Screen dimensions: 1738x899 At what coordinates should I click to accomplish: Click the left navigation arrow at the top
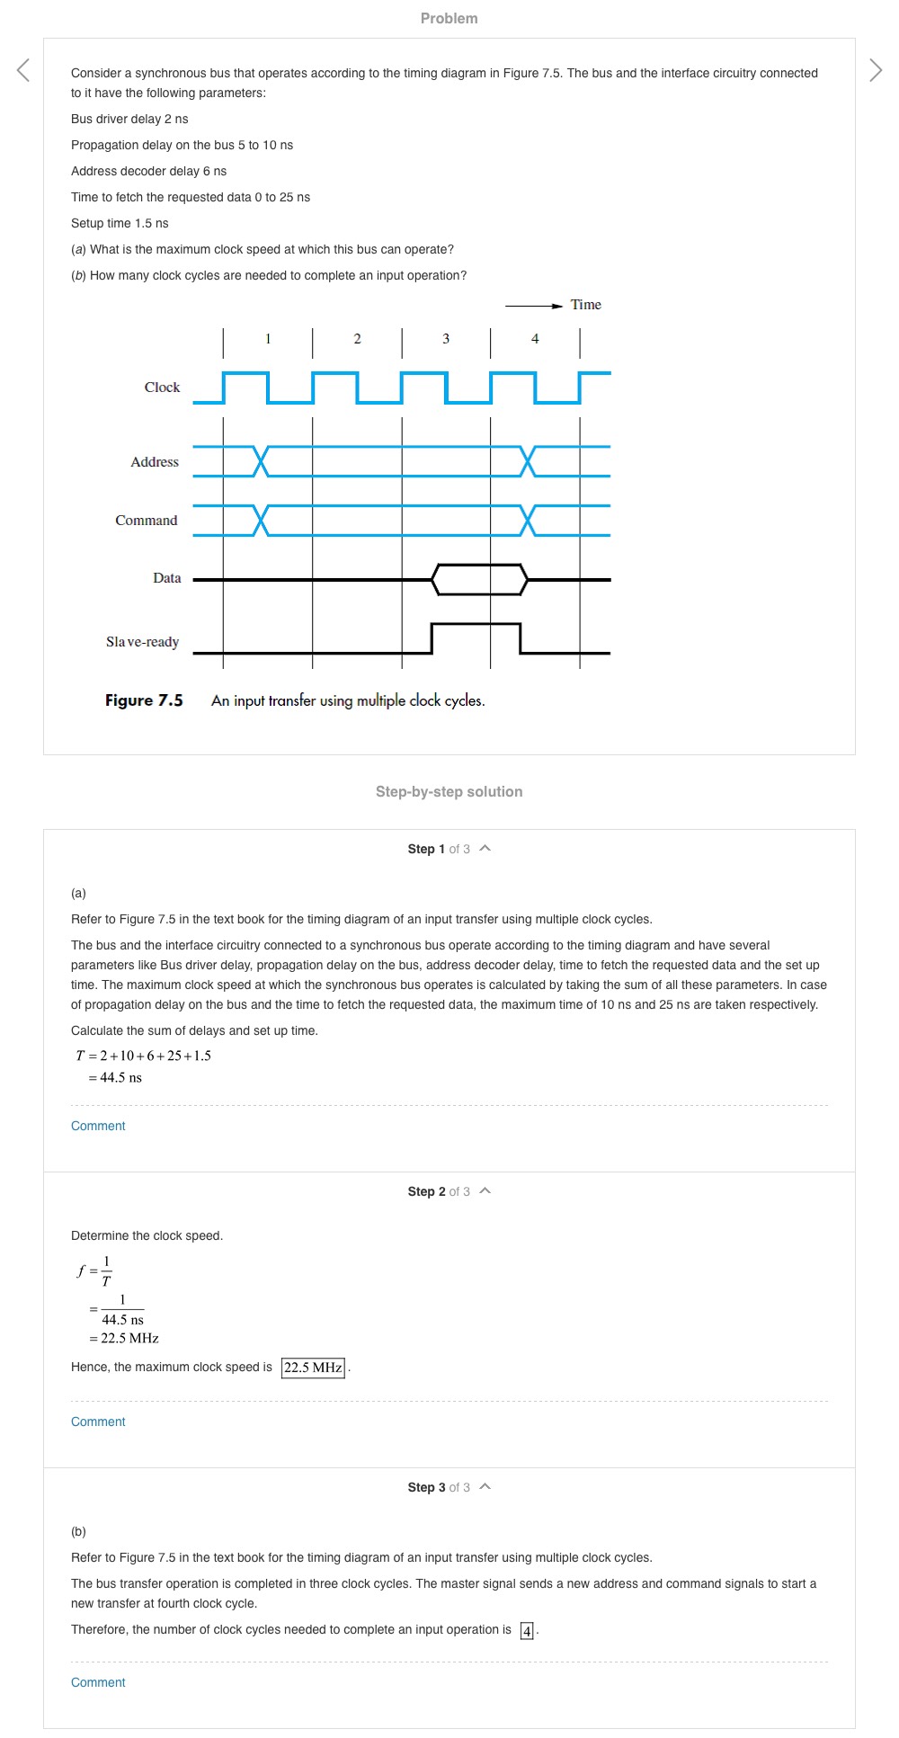click(23, 69)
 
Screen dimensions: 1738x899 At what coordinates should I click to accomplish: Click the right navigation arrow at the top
click(876, 69)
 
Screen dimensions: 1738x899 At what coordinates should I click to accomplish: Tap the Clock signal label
click(162, 388)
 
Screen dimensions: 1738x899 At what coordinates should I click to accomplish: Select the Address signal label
click(155, 462)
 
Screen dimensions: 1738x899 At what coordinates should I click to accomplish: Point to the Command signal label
click(147, 521)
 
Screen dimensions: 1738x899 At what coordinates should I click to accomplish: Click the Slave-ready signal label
click(143, 642)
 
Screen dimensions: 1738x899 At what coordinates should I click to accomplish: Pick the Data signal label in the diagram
click(167, 578)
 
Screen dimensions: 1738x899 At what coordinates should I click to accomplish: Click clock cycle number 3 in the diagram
click(446, 339)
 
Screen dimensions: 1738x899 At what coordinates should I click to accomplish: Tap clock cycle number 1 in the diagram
click(268, 339)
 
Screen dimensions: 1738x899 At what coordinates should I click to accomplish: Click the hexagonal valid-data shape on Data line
click(479, 580)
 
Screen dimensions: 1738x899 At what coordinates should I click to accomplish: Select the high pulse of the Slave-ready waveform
click(476, 624)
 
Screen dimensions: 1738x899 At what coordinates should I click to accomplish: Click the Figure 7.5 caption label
click(144, 700)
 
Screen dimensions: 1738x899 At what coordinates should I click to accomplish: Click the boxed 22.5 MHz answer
click(313, 1368)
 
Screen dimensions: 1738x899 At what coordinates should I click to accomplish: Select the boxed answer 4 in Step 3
click(528, 1630)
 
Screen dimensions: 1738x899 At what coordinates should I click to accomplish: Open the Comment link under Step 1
click(98, 1126)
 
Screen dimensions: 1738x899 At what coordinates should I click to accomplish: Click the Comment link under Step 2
click(98, 1422)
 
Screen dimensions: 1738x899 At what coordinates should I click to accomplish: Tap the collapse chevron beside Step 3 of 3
click(485, 1487)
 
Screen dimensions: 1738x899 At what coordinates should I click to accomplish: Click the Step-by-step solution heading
click(449, 791)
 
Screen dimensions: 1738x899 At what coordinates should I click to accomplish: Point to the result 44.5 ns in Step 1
click(120, 1077)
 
